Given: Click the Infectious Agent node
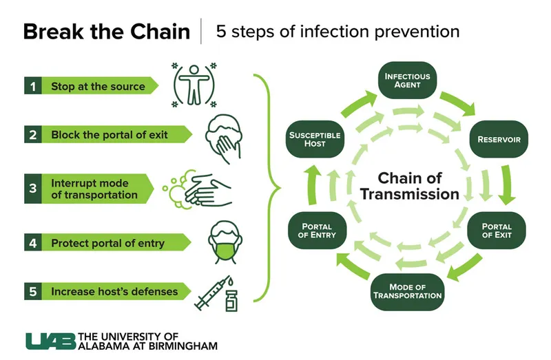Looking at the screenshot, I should (x=407, y=81).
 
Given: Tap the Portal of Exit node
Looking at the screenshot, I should (x=497, y=231).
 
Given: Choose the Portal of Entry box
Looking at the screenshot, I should (x=317, y=231).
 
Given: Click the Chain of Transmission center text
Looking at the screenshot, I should (x=409, y=186).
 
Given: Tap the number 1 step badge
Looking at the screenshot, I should (x=32, y=87).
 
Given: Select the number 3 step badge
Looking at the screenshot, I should (x=32, y=189).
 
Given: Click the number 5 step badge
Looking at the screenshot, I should (x=32, y=291).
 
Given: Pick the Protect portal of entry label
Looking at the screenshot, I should (x=108, y=243).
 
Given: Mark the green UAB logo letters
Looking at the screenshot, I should (x=50, y=341).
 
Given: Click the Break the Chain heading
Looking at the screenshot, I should (x=106, y=32).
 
